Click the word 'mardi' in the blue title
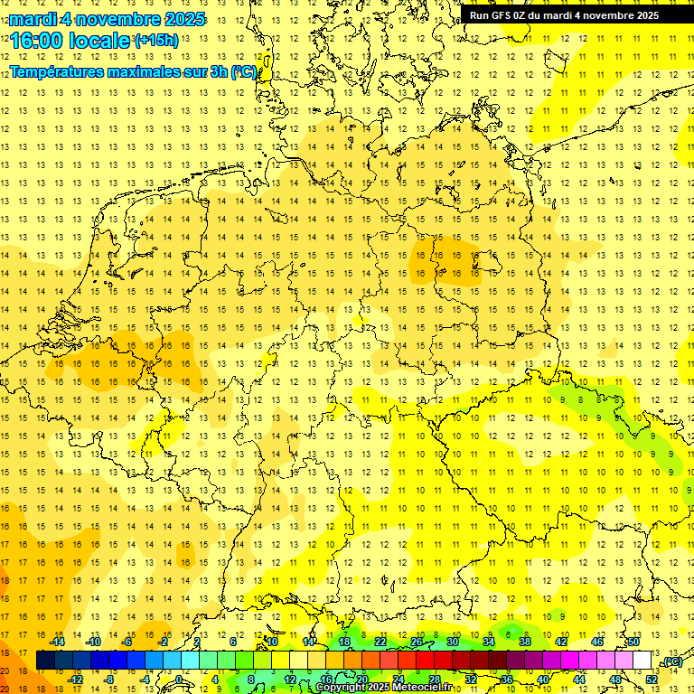click(x=32, y=19)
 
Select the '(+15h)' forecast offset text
click(x=156, y=40)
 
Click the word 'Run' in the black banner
click(x=479, y=15)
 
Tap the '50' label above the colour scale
click(x=633, y=642)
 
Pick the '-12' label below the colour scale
click(x=76, y=680)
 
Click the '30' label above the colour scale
click(x=453, y=642)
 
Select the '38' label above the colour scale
click(x=525, y=642)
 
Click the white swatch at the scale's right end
click(x=642, y=661)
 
